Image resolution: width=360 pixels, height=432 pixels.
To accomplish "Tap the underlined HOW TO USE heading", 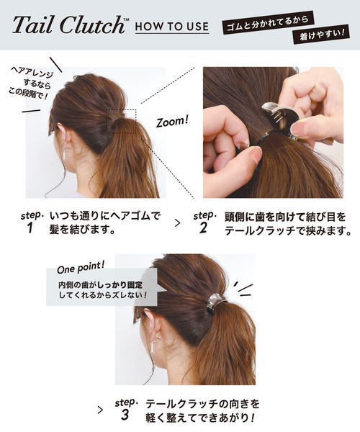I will tap(172, 27).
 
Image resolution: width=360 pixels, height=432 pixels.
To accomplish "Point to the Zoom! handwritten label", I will tap(172, 121).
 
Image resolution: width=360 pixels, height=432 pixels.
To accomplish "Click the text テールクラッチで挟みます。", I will tap(287, 232).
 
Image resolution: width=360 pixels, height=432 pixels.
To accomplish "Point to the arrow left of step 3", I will tap(100, 409).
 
